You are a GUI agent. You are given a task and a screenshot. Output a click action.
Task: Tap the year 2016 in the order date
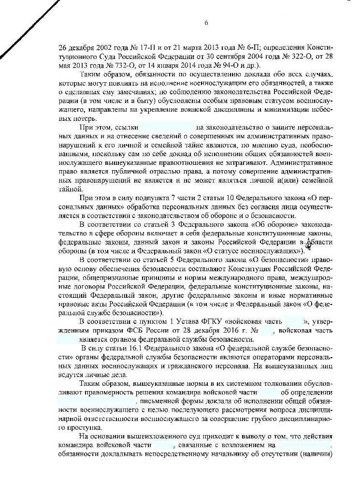(x=224, y=330)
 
